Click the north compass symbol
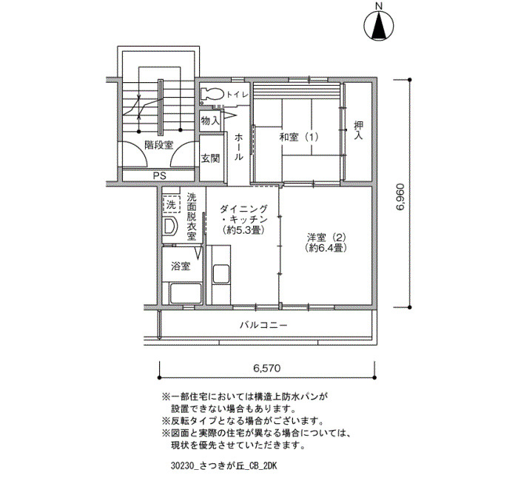[379, 24]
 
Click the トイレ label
[237, 95]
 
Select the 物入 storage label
[210, 121]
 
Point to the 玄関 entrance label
[210, 158]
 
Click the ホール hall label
[238, 147]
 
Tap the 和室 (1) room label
[299, 137]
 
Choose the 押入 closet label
[358, 129]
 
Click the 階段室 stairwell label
[158, 145]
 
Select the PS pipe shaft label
[160, 175]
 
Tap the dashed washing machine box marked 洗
[171, 204]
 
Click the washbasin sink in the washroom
[169, 226]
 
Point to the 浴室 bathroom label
[181, 266]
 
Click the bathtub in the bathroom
[185, 293]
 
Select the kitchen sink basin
[221, 274]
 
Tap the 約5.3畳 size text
[243, 229]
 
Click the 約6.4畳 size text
[326, 247]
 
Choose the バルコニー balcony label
[263, 325]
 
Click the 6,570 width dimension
[267, 368]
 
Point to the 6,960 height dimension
[400, 197]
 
